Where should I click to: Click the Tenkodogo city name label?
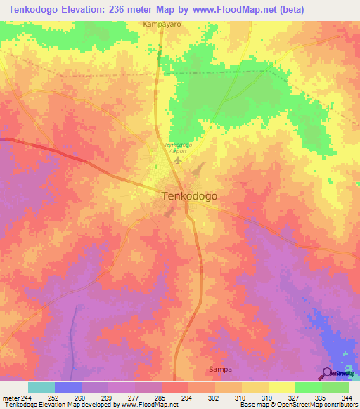[x=190, y=197]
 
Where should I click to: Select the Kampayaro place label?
[x=162, y=23]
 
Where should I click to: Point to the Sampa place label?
[x=220, y=369]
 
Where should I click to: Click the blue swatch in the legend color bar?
[x=68, y=387]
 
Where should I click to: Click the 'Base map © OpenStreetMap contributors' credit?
[x=297, y=404]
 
